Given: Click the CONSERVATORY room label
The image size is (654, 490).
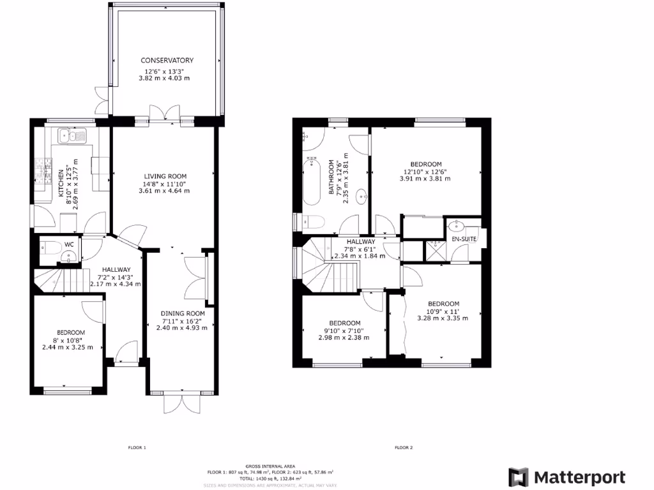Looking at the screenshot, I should (x=167, y=60).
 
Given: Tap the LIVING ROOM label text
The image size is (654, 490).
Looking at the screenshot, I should (x=164, y=176).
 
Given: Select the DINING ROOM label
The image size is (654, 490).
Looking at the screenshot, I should (x=182, y=313).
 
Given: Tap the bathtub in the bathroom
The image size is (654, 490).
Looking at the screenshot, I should (x=311, y=181).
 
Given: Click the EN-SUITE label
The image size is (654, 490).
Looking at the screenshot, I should (x=464, y=239).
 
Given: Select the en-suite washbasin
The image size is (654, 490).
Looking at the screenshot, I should (x=457, y=225).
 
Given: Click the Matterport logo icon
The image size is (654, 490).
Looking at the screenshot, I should (x=519, y=477).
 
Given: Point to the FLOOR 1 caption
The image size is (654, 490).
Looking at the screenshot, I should (x=137, y=448).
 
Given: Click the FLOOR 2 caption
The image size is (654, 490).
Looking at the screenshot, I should (x=403, y=448).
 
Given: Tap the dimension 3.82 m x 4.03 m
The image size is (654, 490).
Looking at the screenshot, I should (x=164, y=78).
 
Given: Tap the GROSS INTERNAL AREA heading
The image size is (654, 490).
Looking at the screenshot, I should (x=270, y=467).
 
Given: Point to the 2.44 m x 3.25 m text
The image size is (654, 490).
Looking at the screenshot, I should (x=68, y=348).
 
